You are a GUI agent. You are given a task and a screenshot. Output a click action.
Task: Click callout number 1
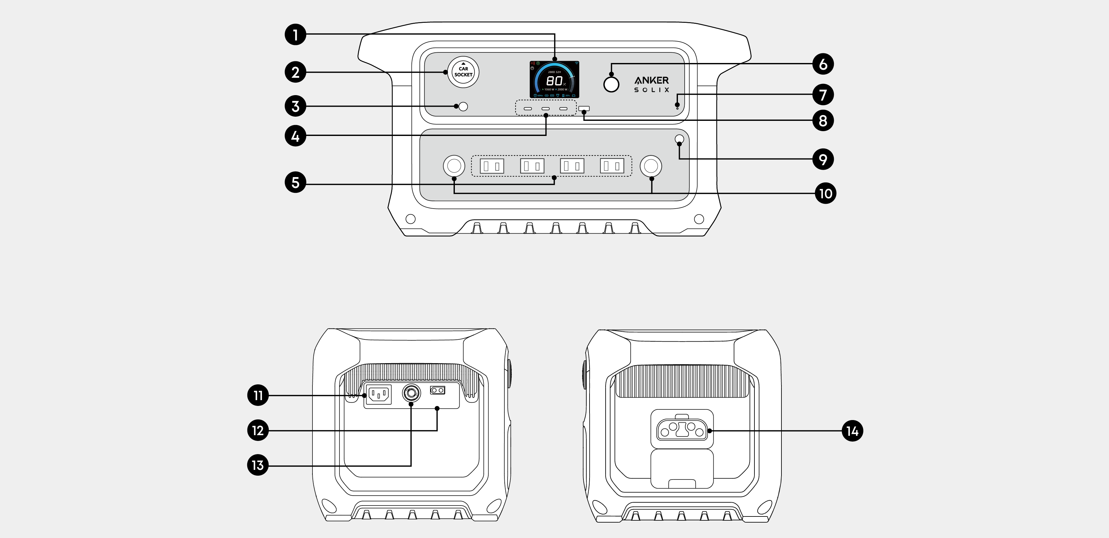pyautogui.click(x=295, y=34)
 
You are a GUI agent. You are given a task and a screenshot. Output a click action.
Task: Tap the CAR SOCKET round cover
pyautogui.click(x=463, y=72)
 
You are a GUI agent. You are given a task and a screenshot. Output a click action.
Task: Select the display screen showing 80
pyautogui.click(x=554, y=80)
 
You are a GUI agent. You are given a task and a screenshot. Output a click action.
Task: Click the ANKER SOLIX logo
pyautogui.click(x=651, y=84)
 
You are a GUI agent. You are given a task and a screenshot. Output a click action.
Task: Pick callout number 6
pyautogui.click(x=823, y=64)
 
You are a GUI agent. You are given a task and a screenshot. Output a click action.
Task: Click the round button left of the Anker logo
pyautogui.click(x=611, y=84)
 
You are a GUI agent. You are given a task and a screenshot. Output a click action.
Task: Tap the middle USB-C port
pyautogui.click(x=545, y=108)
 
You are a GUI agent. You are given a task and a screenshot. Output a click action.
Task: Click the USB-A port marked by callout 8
pyautogui.click(x=584, y=108)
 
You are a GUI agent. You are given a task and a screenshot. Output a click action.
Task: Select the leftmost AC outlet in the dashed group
pyautogui.click(x=491, y=166)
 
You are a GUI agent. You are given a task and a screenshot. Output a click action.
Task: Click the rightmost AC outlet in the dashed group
pyautogui.click(x=612, y=166)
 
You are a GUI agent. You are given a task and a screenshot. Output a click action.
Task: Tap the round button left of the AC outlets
pyautogui.click(x=454, y=166)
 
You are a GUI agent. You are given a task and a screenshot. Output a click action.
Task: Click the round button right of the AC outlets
pyautogui.click(x=651, y=166)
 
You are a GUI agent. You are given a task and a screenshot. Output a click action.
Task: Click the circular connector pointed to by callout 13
pyautogui.click(x=411, y=392)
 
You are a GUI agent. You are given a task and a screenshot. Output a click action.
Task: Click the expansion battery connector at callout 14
pyautogui.click(x=681, y=430)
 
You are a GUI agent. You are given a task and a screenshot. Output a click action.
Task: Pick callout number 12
pyautogui.click(x=258, y=430)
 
